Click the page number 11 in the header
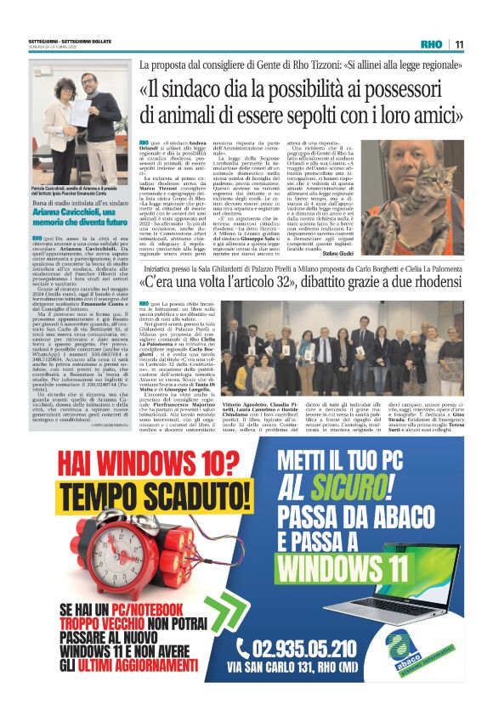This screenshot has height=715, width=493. click(458, 44)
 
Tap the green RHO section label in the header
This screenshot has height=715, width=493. click(433, 44)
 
